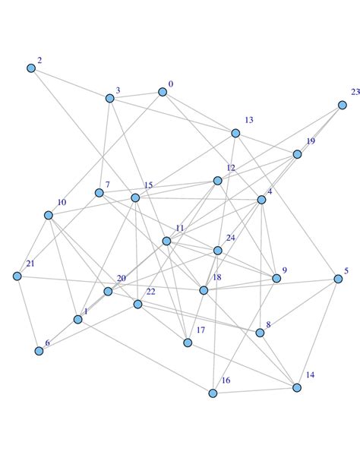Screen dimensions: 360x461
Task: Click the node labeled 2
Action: pyautogui.click(x=31, y=68)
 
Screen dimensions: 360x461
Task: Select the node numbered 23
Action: pyautogui.click(x=343, y=106)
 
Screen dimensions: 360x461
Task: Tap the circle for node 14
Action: pyautogui.click(x=297, y=387)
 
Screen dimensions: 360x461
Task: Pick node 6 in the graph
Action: pyautogui.click(x=39, y=351)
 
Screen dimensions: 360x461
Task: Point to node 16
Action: pyautogui.click(x=213, y=393)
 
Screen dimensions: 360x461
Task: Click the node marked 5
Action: pyautogui.click(x=338, y=279)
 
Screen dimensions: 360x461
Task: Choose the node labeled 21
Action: pyautogui.click(x=17, y=276)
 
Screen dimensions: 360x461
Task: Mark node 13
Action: pyautogui.click(x=235, y=133)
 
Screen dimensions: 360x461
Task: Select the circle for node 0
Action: pyautogui.click(x=163, y=92)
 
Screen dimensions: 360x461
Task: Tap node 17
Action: pyautogui.click(x=188, y=343)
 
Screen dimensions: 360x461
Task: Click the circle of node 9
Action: pyautogui.click(x=276, y=279)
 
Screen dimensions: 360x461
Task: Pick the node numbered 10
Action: pyautogui.click(x=49, y=215)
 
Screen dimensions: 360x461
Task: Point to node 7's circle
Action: pyautogui.click(x=99, y=193)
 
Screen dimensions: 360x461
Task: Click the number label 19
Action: pyautogui.click(x=310, y=141)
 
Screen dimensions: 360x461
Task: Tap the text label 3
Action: pyautogui.click(x=118, y=90)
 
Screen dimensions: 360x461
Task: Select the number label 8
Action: pyautogui.click(x=267, y=324)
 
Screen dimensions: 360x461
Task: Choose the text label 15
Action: pyautogui.click(x=148, y=185)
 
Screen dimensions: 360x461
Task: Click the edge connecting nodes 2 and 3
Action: pyautogui.click(x=70, y=83)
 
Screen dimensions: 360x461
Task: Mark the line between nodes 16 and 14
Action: pyautogui.click(x=255, y=390)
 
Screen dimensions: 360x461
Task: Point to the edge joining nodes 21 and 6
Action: pyautogui.click(x=28, y=313)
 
